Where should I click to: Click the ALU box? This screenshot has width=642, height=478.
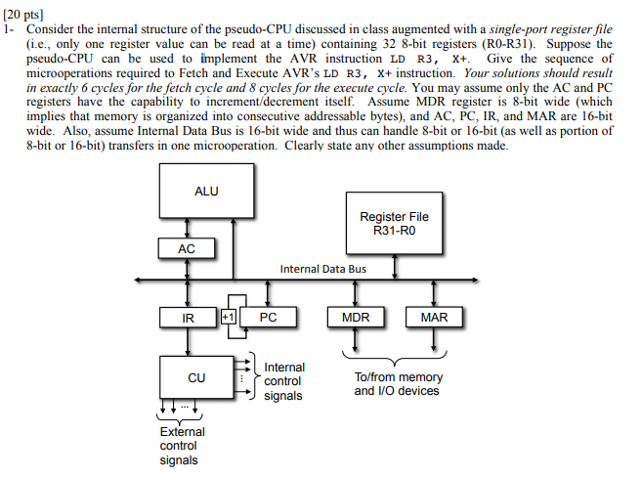tap(207, 191)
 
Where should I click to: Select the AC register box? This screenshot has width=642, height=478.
tap(187, 249)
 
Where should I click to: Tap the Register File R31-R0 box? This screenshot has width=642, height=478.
tap(394, 223)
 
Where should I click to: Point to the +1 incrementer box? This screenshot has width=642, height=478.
tap(228, 318)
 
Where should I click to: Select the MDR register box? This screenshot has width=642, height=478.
tap(355, 318)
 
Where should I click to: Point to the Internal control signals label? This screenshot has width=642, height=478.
tap(284, 381)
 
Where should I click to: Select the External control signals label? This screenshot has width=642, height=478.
tap(183, 446)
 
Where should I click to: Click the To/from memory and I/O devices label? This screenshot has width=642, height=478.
tap(398, 384)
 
